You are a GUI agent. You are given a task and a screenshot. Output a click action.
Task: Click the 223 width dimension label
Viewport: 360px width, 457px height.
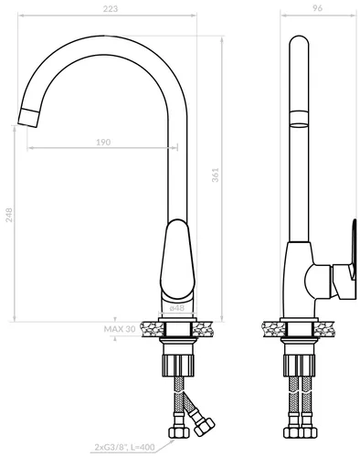[x=111, y=8]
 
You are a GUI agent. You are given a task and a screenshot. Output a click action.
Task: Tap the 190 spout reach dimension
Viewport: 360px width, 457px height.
[x=103, y=142]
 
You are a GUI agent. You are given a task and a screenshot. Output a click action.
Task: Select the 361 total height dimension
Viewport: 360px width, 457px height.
[x=216, y=175]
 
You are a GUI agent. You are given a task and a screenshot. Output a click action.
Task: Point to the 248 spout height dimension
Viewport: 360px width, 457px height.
[x=9, y=215]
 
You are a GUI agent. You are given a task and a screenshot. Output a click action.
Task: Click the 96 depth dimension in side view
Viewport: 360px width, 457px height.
[x=317, y=8]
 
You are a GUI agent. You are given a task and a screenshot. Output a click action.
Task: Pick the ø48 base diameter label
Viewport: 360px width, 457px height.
[x=177, y=308]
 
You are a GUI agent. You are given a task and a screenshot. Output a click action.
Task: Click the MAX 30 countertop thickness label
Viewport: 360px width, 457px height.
[x=120, y=329]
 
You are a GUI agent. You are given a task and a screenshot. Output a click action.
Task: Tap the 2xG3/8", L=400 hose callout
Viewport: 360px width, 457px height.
[x=124, y=447]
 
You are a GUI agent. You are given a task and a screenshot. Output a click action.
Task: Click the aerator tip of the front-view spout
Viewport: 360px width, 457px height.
[x=29, y=117]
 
